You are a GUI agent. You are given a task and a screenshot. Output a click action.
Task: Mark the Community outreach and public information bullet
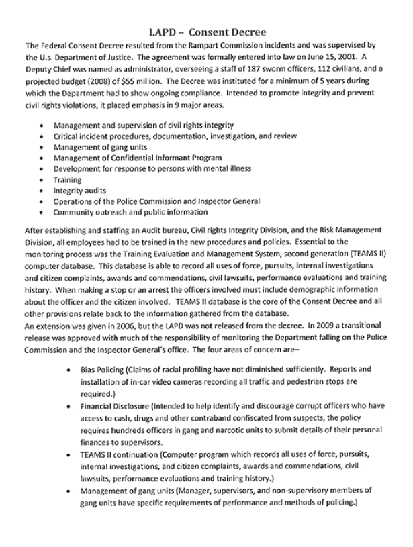132,212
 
